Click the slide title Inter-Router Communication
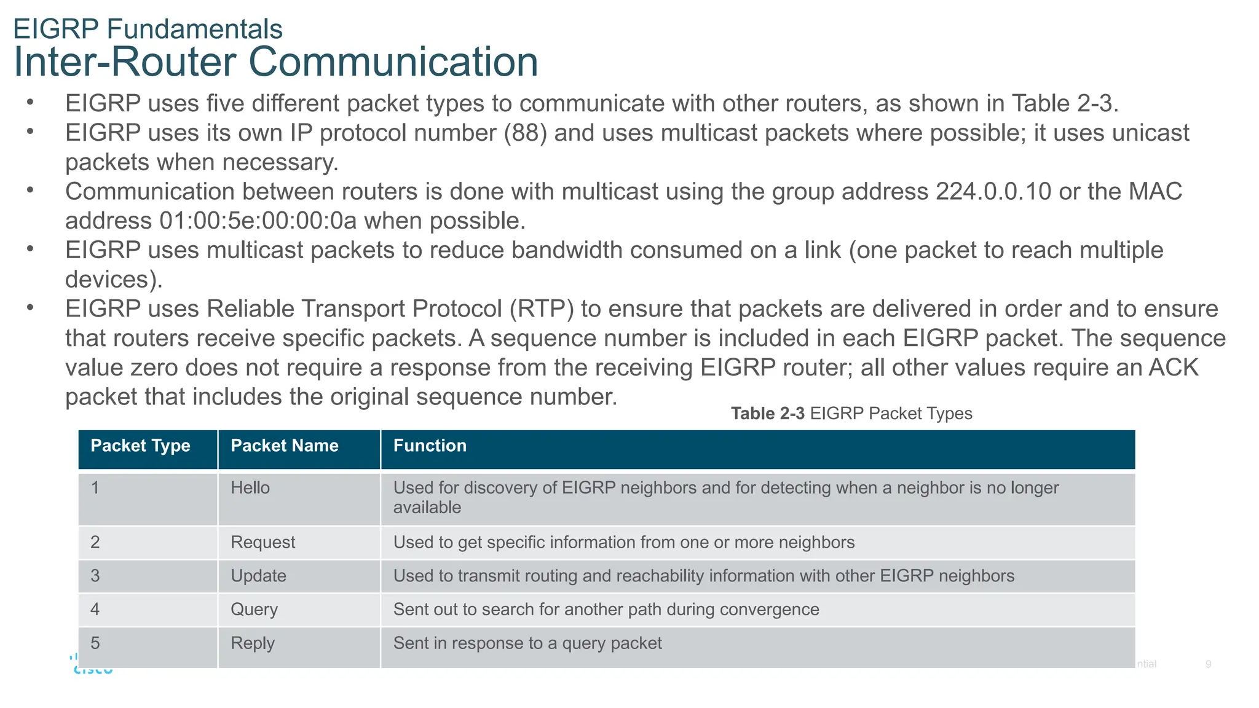pos(275,62)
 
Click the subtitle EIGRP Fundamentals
pos(148,29)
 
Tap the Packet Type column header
pos(140,446)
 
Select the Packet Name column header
pos(284,446)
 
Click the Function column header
pos(430,446)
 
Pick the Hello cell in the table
pos(250,488)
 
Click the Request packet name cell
pos(262,542)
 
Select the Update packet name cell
pos(258,576)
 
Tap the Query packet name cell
pos(254,610)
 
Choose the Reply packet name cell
pos(252,643)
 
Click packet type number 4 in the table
pos(95,610)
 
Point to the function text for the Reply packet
pos(527,643)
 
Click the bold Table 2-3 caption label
pos(767,414)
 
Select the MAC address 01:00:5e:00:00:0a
pos(258,221)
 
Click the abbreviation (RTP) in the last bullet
pos(542,309)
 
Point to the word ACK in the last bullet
pos(1174,368)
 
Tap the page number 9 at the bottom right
pos(1208,664)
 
